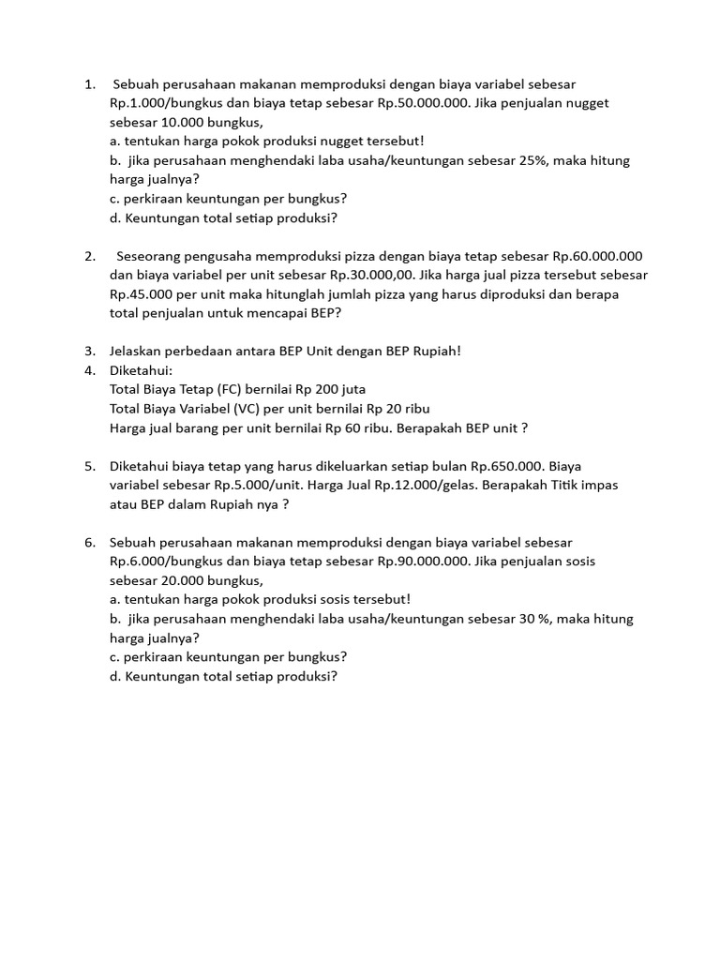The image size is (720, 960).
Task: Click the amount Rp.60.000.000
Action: pos(597,256)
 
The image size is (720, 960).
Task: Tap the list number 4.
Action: pos(90,370)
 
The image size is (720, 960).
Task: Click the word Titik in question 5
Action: pos(592,486)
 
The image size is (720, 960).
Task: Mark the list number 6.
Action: pos(90,543)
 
